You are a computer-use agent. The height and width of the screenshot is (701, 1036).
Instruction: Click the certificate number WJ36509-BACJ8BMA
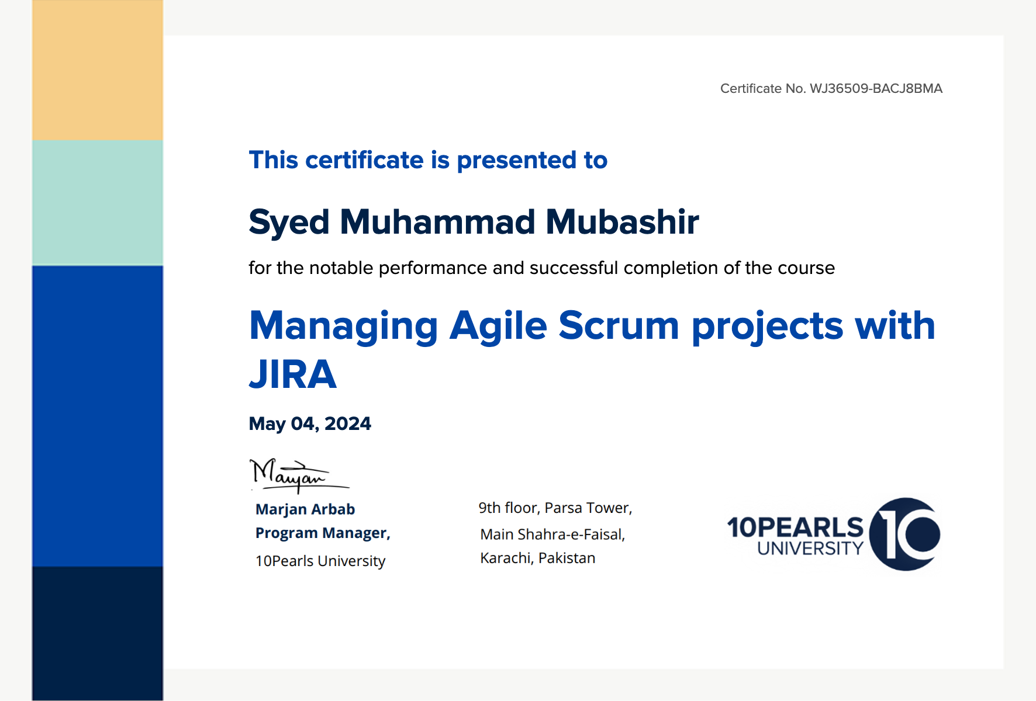tap(876, 89)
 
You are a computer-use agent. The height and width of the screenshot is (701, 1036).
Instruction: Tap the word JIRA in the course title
tap(293, 374)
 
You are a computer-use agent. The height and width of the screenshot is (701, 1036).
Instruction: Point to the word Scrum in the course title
tap(619, 325)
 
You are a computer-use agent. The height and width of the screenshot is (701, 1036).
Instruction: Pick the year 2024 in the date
tap(348, 424)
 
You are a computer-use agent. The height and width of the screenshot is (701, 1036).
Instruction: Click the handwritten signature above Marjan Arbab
tap(298, 476)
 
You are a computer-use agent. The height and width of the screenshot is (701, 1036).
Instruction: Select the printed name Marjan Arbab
tap(305, 510)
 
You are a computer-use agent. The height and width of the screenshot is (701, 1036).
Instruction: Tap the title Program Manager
tap(323, 533)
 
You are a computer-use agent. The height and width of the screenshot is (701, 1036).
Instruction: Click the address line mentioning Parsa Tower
tap(555, 508)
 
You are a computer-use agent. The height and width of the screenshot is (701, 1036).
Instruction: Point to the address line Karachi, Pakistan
tap(538, 558)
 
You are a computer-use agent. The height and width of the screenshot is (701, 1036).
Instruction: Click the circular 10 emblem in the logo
tap(904, 534)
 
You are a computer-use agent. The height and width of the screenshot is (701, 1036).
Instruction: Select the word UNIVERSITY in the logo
tap(810, 549)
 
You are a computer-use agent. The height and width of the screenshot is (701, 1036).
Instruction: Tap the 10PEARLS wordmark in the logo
tap(795, 527)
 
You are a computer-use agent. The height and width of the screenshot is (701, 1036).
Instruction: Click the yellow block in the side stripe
tap(98, 70)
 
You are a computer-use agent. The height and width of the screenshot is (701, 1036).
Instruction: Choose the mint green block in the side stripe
tap(98, 203)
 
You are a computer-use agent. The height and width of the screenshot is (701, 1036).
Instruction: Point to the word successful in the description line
tap(574, 268)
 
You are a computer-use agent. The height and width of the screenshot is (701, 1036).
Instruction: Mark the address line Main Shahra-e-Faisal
tap(552, 535)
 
